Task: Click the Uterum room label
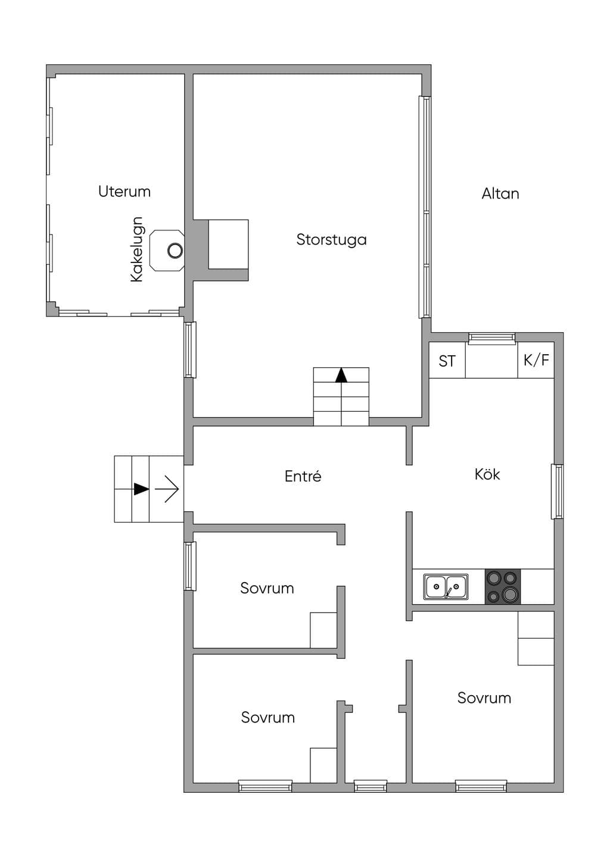click(x=125, y=191)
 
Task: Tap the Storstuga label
click(x=332, y=239)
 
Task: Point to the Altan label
click(x=500, y=193)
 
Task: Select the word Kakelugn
click(x=136, y=249)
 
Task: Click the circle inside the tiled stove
click(x=175, y=251)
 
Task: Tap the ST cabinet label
click(x=447, y=361)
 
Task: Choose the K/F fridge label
click(x=536, y=360)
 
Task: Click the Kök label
click(x=487, y=474)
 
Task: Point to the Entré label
click(x=303, y=476)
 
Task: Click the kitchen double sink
click(x=446, y=586)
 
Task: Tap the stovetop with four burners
click(x=503, y=587)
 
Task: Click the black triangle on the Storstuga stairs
click(x=341, y=376)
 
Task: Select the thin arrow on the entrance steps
click(x=167, y=489)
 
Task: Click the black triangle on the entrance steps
click(x=141, y=489)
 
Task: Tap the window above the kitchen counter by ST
click(x=491, y=338)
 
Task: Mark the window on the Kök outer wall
click(x=557, y=492)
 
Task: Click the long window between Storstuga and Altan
click(x=425, y=207)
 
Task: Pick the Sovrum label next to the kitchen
click(x=484, y=698)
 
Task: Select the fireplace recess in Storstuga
click(x=228, y=244)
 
